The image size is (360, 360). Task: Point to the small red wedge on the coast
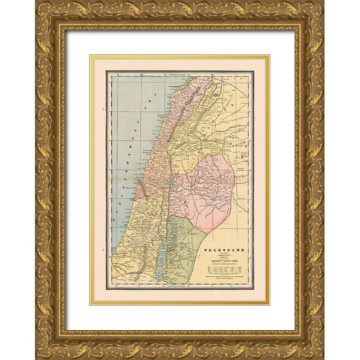(140, 190)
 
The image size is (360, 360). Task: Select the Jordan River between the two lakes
(167, 214)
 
